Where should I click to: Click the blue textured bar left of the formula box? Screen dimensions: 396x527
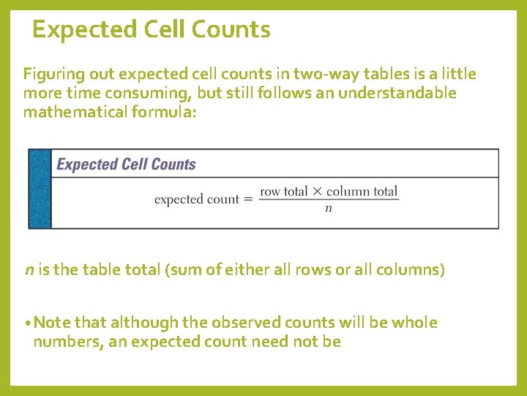point(40,188)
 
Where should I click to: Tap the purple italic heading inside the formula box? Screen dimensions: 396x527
point(126,164)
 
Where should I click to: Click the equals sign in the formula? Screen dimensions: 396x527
point(248,199)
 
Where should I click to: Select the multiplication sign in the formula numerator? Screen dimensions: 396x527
point(317,191)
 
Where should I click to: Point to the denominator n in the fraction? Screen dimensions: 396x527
point(329,208)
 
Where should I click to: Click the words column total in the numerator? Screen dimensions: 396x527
point(362,191)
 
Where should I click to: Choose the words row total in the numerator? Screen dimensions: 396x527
point(284,191)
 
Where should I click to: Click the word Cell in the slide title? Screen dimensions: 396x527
point(157,30)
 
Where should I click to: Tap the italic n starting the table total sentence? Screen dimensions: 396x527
point(29,270)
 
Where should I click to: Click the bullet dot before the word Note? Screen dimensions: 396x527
point(26,323)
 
